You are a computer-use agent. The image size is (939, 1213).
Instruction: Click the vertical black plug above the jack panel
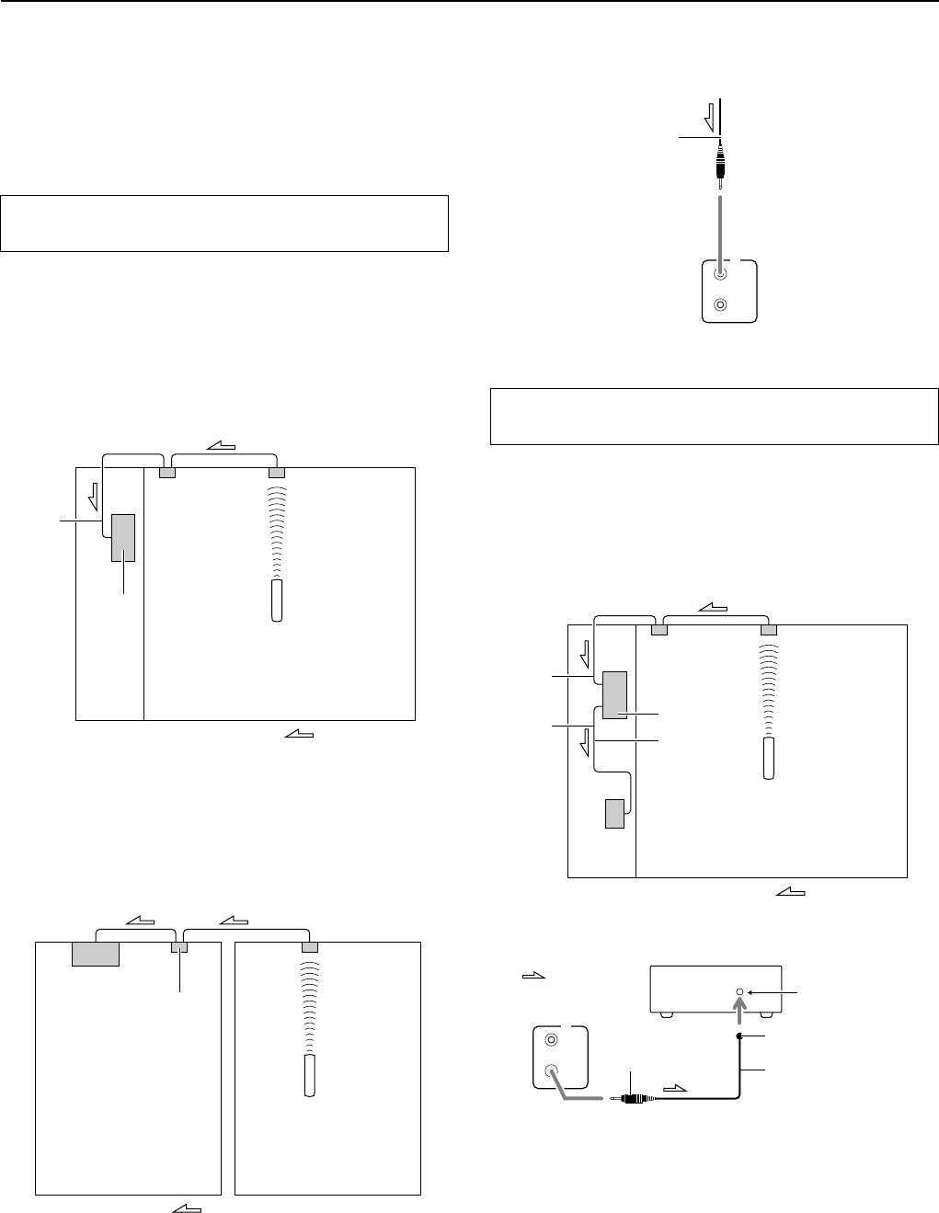pyautogui.click(x=720, y=164)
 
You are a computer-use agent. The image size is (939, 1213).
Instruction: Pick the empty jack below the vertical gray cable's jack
pyautogui.click(x=721, y=304)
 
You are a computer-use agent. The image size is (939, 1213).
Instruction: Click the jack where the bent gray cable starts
pyautogui.click(x=551, y=1070)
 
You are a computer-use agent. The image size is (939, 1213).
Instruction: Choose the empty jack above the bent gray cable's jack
pyautogui.click(x=551, y=1040)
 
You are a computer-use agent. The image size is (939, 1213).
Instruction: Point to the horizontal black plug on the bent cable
pyautogui.click(x=633, y=1098)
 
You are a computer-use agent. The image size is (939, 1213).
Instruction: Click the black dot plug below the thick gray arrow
pyautogui.click(x=740, y=1036)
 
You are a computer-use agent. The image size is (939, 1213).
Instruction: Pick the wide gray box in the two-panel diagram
pyautogui.click(x=96, y=955)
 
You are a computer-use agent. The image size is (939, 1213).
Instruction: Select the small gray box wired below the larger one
pyautogui.click(x=614, y=814)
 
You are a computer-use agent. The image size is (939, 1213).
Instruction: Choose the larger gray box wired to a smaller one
pyautogui.click(x=614, y=694)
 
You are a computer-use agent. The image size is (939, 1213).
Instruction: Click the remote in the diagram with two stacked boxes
pyautogui.click(x=770, y=758)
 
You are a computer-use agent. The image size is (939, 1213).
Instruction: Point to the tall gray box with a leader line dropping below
pyautogui.click(x=123, y=537)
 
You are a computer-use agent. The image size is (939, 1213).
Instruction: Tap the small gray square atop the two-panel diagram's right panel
pyautogui.click(x=310, y=947)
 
